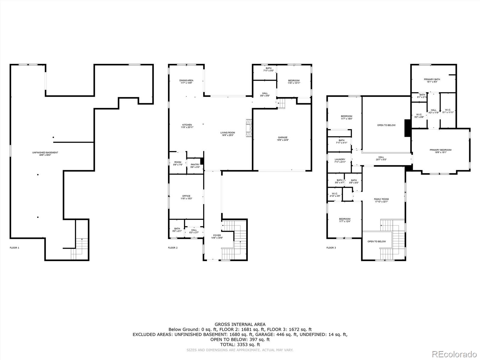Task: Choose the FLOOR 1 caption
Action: click(14, 248)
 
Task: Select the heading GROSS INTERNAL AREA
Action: click(240, 324)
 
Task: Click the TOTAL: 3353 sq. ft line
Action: click(240, 345)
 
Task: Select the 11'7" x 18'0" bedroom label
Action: click(346, 117)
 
